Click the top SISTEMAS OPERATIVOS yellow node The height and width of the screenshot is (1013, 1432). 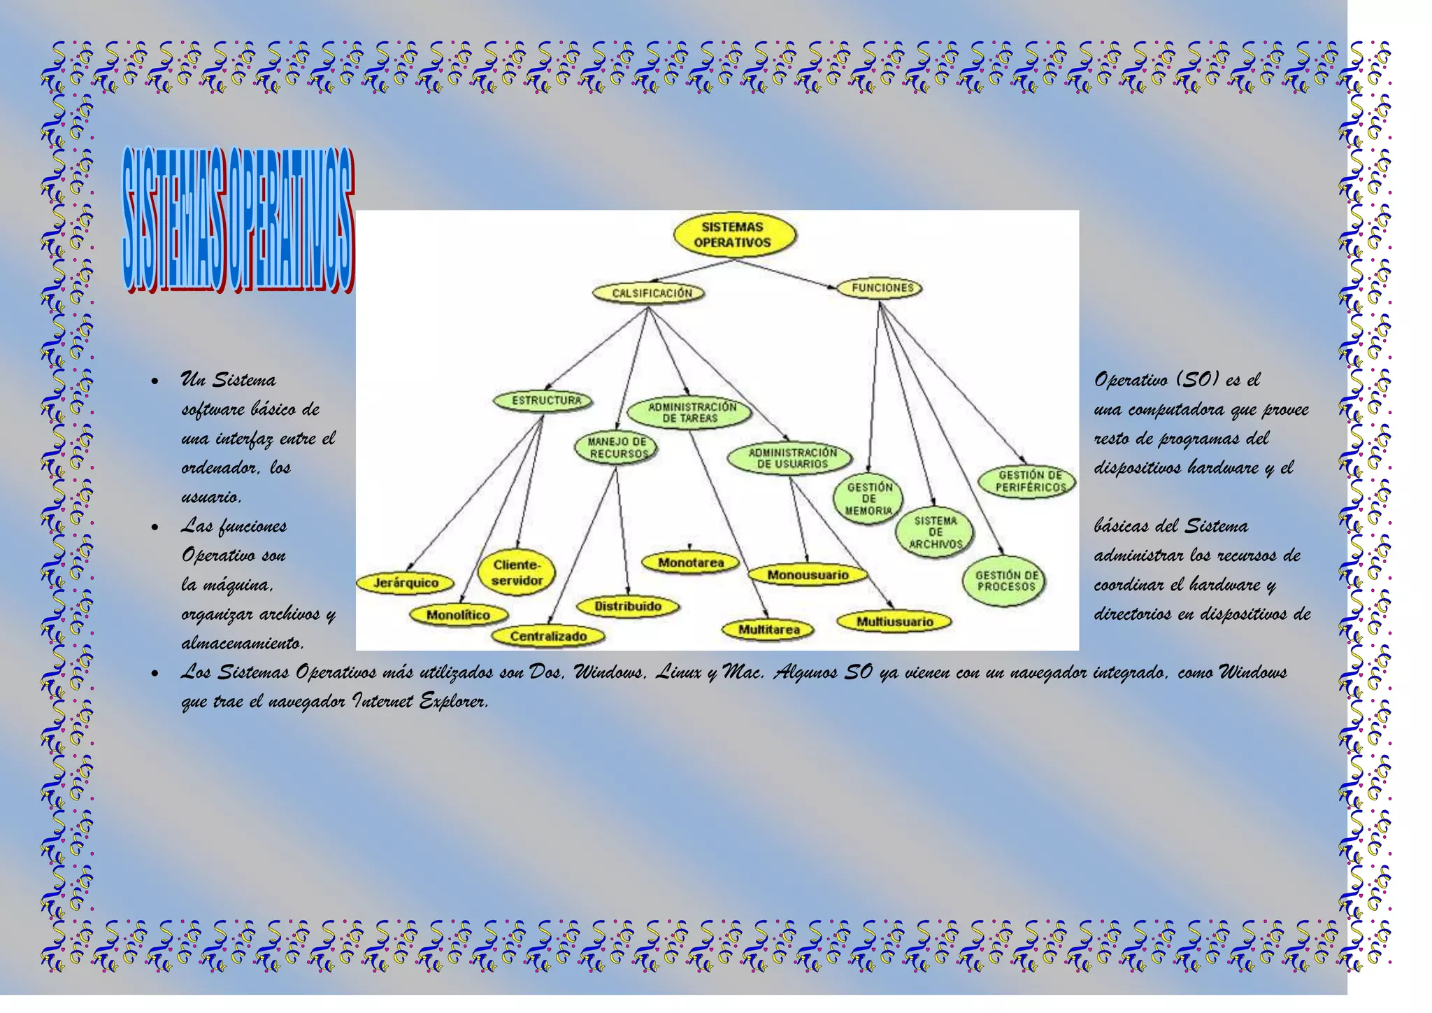click(733, 234)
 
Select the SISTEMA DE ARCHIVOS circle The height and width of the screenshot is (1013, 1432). click(936, 532)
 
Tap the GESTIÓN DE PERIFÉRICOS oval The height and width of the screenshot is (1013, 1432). click(1029, 481)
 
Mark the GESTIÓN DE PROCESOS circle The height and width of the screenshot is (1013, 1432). click(1006, 580)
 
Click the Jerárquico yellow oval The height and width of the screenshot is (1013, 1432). click(406, 582)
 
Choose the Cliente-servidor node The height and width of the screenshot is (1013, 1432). click(517, 572)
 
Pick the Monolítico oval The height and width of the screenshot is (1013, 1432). click(458, 615)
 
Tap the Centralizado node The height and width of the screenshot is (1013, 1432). click(547, 636)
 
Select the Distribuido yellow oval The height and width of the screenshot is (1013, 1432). click(627, 607)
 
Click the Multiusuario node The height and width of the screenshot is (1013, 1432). click(894, 621)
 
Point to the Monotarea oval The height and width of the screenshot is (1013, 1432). click(691, 562)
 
